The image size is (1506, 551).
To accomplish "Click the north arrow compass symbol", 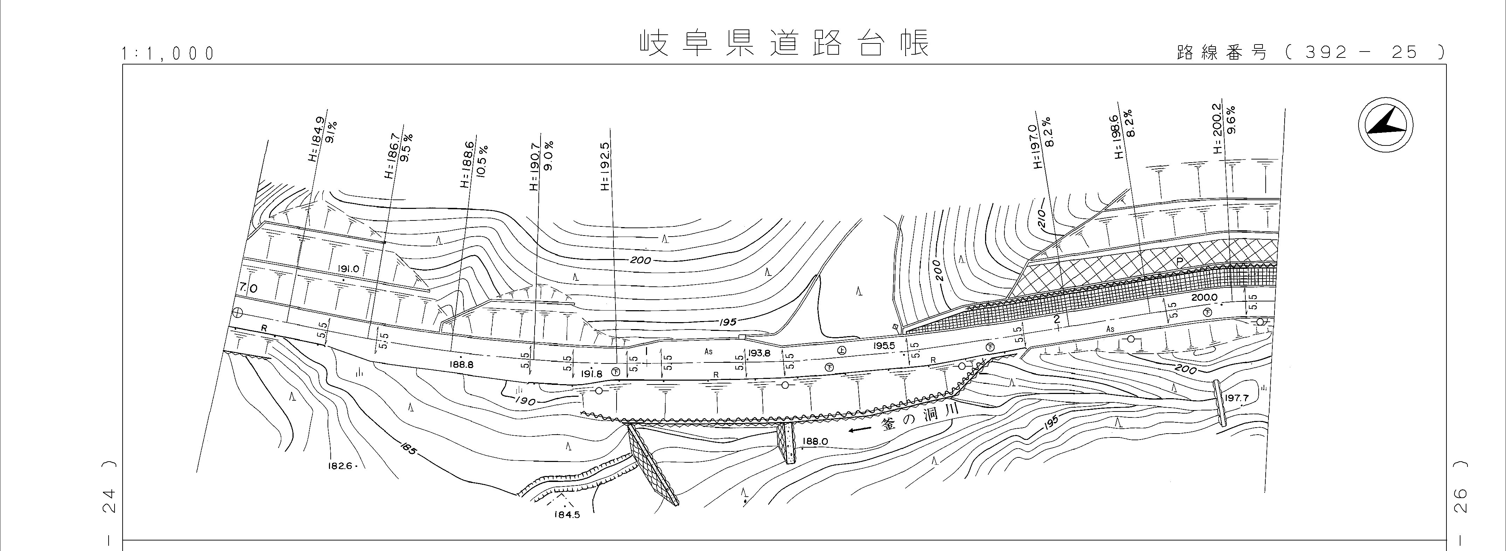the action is point(1385,126).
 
